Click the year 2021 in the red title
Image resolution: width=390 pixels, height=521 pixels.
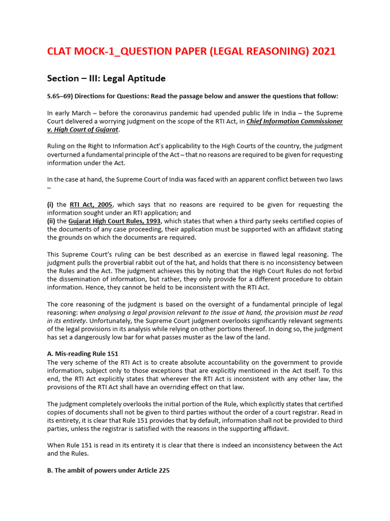coord(322,51)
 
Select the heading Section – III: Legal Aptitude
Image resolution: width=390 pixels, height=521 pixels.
coord(106,78)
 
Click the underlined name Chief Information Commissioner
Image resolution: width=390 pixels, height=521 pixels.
coord(295,121)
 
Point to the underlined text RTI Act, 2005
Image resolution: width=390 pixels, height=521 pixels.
coord(91,205)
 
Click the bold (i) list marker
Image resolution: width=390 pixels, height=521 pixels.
coord(50,205)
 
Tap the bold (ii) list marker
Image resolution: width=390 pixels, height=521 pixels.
coord(51,221)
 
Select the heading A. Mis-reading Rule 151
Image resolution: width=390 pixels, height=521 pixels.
coord(83,354)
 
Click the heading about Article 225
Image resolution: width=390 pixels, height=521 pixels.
coord(108,471)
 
